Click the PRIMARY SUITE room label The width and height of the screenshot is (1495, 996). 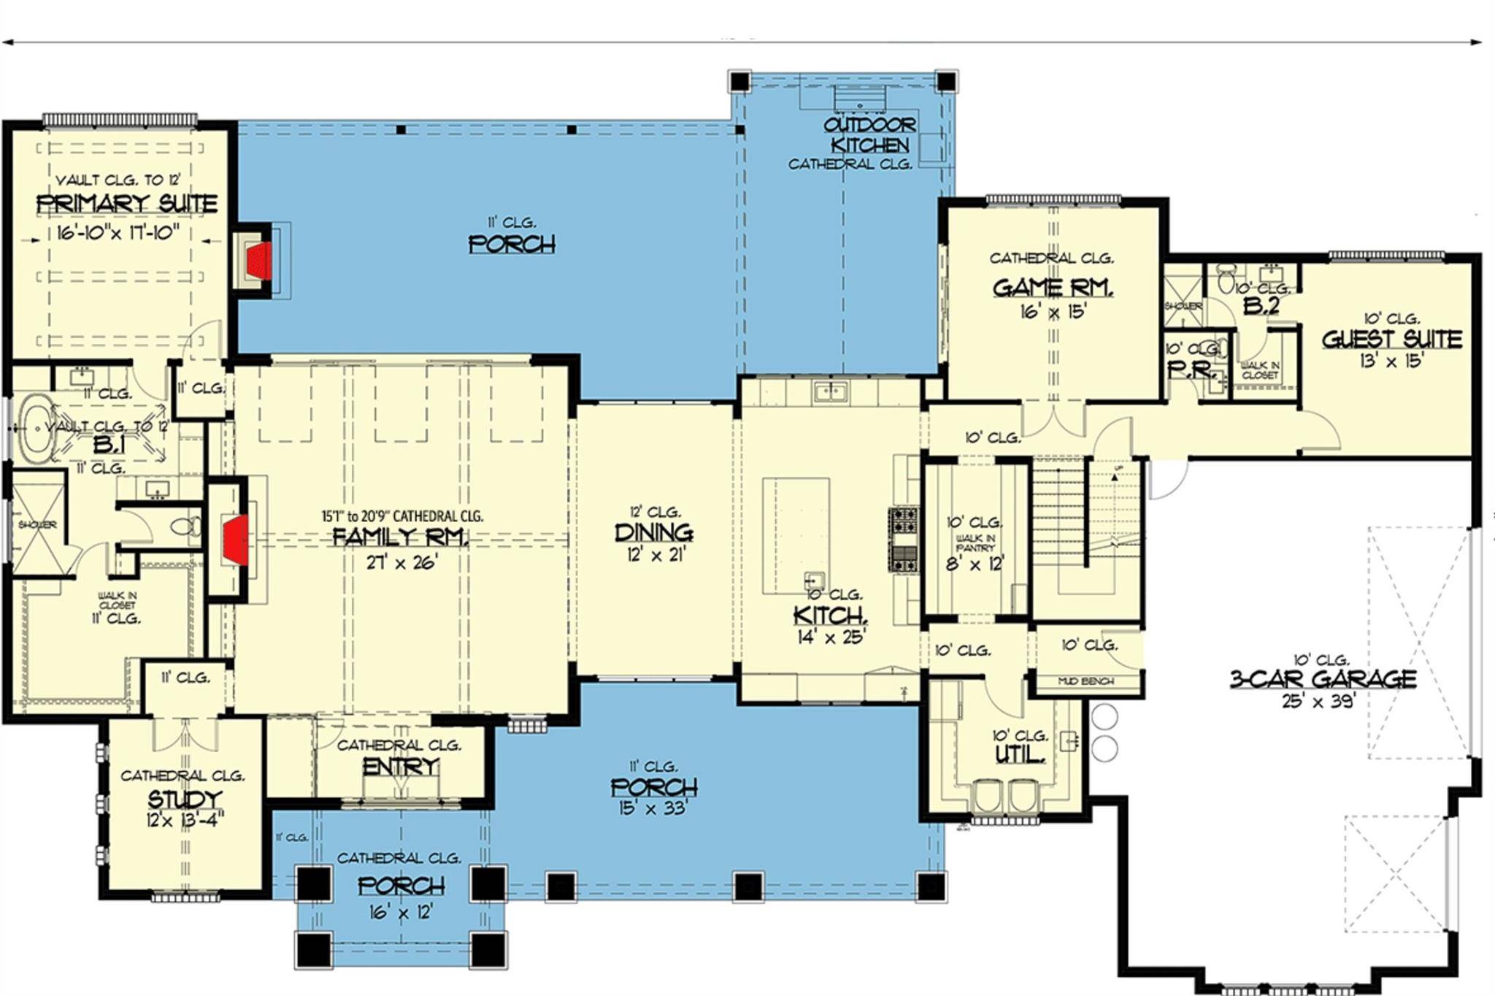click(x=127, y=204)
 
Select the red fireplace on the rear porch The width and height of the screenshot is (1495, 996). click(x=259, y=261)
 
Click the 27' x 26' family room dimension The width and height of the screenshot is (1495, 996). click(x=401, y=562)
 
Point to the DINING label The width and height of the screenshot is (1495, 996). click(x=653, y=532)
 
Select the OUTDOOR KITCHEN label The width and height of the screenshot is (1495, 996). click(x=869, y=135)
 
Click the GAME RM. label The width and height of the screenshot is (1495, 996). click(x=1053, y=288)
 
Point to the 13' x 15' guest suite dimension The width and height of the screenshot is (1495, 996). click(x=1391, y=361)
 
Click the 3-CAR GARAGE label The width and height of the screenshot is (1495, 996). click(x=1323, y=679)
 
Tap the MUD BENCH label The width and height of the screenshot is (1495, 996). click(x=1085, y=681)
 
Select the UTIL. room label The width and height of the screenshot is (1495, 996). click(x=1019, y=754)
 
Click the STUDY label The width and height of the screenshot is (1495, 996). click(x=185, y=799)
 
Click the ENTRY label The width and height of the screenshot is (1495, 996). click(x=400, y=767)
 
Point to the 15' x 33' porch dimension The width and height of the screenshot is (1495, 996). click(x=653, y=808)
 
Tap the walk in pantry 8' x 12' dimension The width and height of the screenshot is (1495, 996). click(x=975, y=564)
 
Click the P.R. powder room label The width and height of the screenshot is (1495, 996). click(x=1191, y=369)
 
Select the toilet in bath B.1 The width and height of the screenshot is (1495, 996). click(x=186, y=526)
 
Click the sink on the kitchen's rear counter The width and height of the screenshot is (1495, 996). click(x=831, y=391)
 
